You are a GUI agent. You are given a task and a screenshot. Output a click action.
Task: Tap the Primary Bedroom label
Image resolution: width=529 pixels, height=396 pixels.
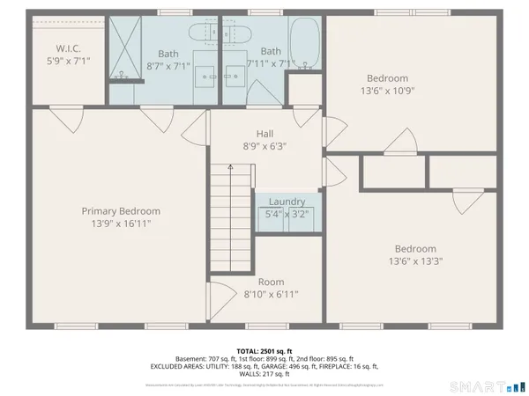(121, 211)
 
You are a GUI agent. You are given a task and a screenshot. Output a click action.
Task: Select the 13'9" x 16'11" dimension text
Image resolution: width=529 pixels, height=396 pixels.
(121, 224)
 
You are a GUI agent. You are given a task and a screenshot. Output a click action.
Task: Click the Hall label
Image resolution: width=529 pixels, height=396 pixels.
(264, 134)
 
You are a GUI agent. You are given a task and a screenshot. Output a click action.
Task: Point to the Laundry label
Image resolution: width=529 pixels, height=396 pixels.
(287, 202)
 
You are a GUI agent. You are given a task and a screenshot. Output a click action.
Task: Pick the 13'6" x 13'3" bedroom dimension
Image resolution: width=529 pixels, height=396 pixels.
(414, 261)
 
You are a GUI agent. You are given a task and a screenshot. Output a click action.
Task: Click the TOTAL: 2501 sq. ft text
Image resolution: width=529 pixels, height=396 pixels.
(264, 350)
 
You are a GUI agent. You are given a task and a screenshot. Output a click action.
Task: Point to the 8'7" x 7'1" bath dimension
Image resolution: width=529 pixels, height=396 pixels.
(180, 64)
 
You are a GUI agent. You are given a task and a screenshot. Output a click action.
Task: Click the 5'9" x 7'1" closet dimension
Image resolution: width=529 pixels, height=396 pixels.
(68, 62)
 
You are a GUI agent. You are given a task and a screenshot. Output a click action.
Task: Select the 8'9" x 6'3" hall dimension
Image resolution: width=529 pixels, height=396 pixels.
(264, 146)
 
